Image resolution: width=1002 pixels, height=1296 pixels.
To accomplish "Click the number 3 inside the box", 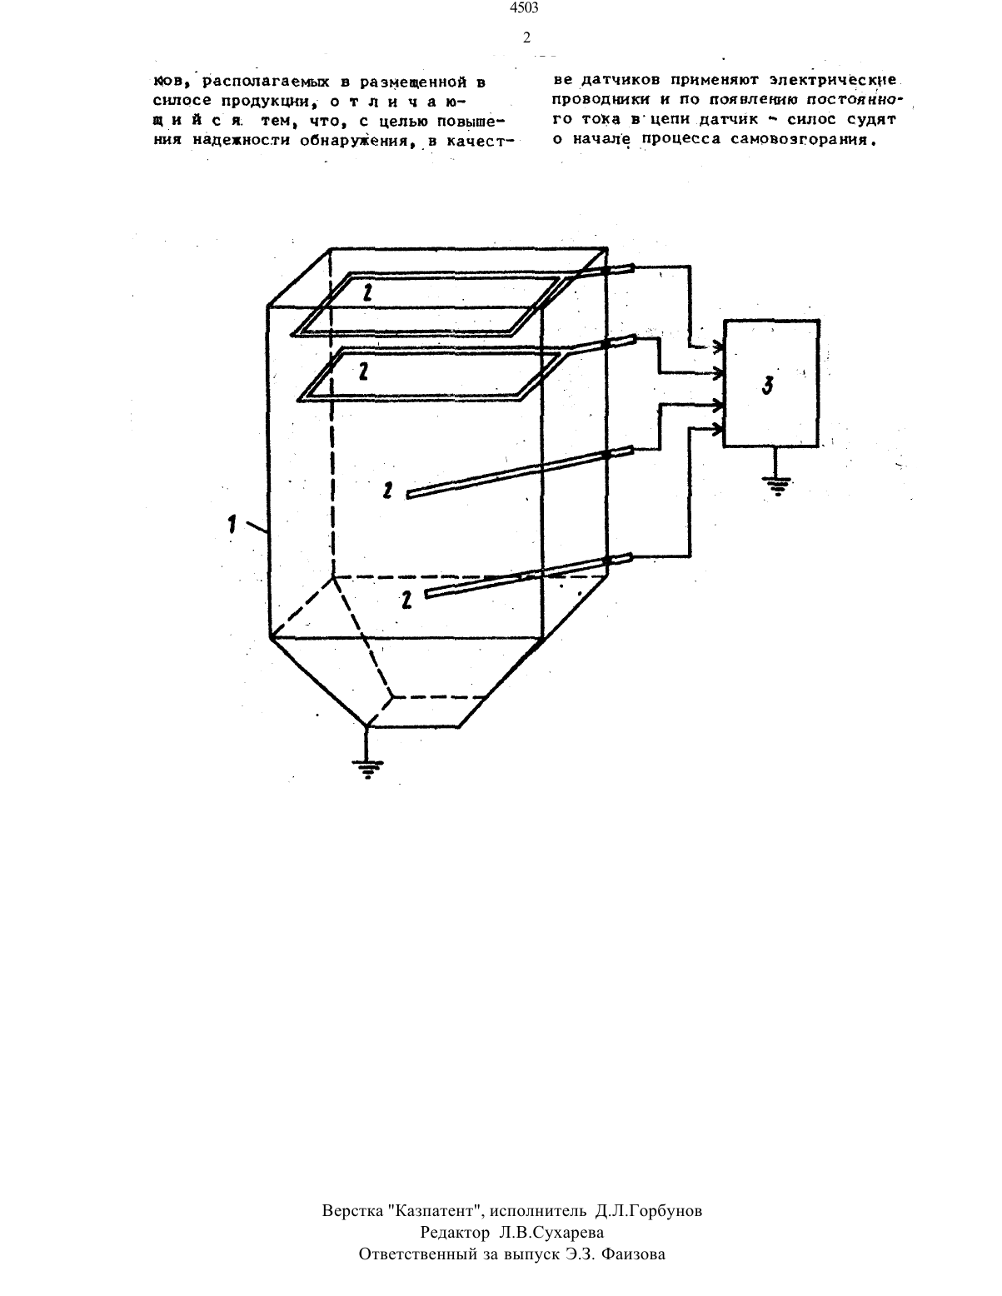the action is (x=768, y=386).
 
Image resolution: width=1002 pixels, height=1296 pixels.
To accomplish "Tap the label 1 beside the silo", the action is (x=232, y=526).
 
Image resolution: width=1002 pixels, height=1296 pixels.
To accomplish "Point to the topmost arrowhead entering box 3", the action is (x=717, y=346).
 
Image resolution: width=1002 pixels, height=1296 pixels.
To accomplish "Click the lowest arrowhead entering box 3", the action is (x=717, y=429).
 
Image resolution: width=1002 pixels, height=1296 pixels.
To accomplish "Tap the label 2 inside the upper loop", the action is (x=368, y=292).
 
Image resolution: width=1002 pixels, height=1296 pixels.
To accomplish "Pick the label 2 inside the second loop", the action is (x=362, y=371).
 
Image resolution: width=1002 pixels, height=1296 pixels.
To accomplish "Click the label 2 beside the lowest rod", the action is (x=406, y=600).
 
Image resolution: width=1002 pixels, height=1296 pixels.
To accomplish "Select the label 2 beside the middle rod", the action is (x=387, y=491).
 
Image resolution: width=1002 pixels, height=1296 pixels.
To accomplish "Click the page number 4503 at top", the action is (x=525, y=7).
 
